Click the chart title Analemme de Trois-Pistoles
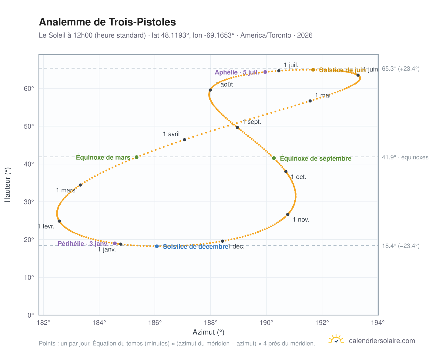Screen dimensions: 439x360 107,22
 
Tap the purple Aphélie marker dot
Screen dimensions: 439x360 265,72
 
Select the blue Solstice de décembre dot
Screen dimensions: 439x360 157,246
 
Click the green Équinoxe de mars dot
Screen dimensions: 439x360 136,157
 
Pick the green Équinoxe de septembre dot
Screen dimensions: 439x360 274,158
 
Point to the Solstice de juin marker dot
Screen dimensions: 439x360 313,69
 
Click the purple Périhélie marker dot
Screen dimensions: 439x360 115,243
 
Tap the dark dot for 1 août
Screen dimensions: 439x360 210,90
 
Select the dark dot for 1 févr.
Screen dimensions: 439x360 59,221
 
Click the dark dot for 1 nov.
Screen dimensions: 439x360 287,214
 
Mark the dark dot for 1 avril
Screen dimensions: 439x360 184,140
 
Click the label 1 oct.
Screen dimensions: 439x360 298,177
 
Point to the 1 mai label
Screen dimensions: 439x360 323,95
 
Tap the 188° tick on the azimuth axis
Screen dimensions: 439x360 210,322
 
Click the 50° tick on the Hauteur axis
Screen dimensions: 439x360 29,126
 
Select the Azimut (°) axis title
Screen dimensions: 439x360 208,332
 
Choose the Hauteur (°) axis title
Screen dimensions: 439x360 7,185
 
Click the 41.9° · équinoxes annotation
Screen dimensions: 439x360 405,157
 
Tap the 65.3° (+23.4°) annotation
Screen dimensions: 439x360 400,69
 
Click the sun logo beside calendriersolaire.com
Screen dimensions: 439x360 336,339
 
